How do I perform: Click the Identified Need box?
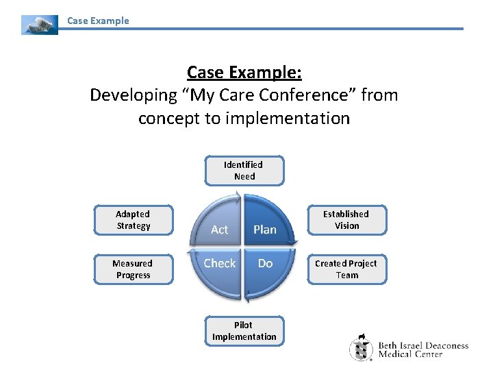click(244, 171)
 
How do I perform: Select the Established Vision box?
click(346, 220)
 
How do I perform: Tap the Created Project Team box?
click(346, 269)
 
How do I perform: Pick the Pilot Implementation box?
click(244, 331)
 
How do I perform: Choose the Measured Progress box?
click(133, 269)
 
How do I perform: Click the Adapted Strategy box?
click(133, 220)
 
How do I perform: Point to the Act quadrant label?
click(220, 230)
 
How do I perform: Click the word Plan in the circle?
click(265, 230)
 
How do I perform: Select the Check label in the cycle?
click(219, 263)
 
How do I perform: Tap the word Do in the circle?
click(265, 263)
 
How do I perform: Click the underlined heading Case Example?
click(244, 72)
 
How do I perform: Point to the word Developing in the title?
click(130, 95)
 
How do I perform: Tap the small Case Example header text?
click(98, 21)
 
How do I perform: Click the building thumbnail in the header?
click(40, 25)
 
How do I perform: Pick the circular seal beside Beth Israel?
click(362, 347)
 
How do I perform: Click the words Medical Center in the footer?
click(412, 354)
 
